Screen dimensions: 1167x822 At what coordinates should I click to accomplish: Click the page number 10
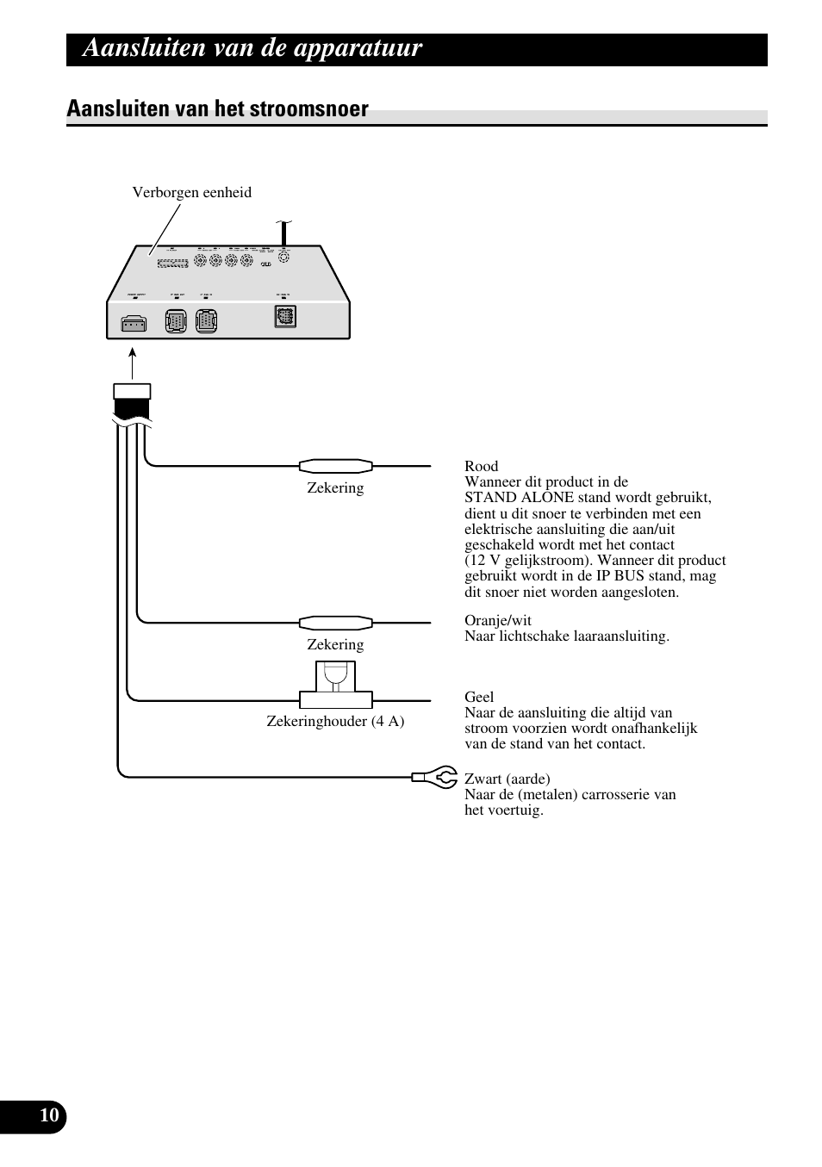tap(49, 1116)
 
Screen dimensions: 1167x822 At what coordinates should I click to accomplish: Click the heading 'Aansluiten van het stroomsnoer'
tap(217, 109)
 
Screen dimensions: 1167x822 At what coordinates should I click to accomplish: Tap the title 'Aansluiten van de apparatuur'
tap(252, 48)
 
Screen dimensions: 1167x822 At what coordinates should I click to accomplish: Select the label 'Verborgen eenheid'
tap(191, 192)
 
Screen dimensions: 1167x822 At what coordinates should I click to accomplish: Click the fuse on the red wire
tap(335, 466)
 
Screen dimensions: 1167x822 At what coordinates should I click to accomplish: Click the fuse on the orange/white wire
tap(335, 622)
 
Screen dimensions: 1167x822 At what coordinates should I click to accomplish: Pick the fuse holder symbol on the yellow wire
tap(335, 685)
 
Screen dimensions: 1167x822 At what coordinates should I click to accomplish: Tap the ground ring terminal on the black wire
tap(436, 777)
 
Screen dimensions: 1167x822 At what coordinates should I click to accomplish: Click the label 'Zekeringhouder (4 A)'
tap(335, 721)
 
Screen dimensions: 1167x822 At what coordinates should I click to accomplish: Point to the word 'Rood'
tap(481, 467)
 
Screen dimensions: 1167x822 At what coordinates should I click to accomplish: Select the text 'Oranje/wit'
tap(498, 621)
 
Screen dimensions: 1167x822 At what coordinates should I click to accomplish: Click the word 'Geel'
tap(479, 697)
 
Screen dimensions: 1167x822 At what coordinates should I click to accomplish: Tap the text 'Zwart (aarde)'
tap(507, 779)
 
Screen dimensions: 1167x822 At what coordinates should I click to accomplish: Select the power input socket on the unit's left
tap(134, 324)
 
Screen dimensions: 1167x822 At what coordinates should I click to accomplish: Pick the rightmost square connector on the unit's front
tap(284, 316)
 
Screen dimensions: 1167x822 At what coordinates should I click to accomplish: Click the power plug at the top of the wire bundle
tap(132, 401)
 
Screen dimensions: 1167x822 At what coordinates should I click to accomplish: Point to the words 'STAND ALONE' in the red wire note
tap(508, 498)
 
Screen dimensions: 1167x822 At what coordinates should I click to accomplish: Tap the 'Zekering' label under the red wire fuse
tap(335, 487)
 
